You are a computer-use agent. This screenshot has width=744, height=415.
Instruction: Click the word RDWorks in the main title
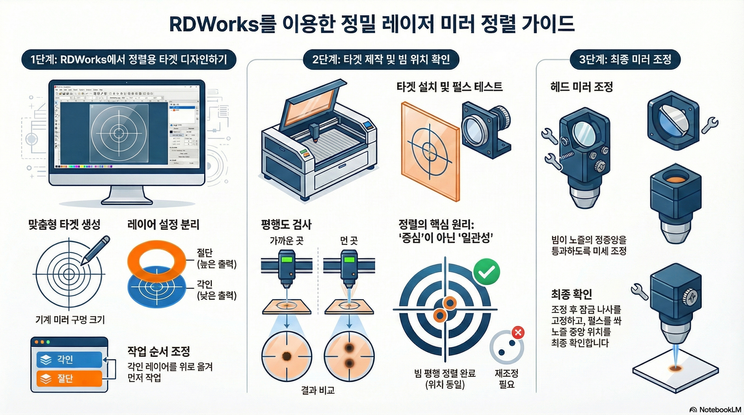coord(214,24)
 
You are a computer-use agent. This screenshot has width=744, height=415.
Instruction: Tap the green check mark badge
coord(487,272)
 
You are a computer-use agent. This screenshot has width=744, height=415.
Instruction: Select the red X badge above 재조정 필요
coord(518,333)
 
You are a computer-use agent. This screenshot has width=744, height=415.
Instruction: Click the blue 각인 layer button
coord(69,360)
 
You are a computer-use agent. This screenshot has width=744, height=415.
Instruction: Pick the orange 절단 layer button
coord(69,378)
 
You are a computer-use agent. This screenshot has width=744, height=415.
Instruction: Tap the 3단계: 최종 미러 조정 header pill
coord(625,59)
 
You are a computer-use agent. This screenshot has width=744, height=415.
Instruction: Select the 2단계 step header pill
coord(381,59)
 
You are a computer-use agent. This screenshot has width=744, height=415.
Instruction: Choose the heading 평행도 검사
coord(286,225)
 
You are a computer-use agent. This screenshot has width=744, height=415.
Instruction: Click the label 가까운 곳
coord(287,240)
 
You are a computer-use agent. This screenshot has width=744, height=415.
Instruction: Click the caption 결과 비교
coord(318,390)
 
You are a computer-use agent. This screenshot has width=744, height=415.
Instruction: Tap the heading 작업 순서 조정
coord(159,351)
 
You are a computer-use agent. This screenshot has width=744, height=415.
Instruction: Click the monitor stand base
coord(127,200)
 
